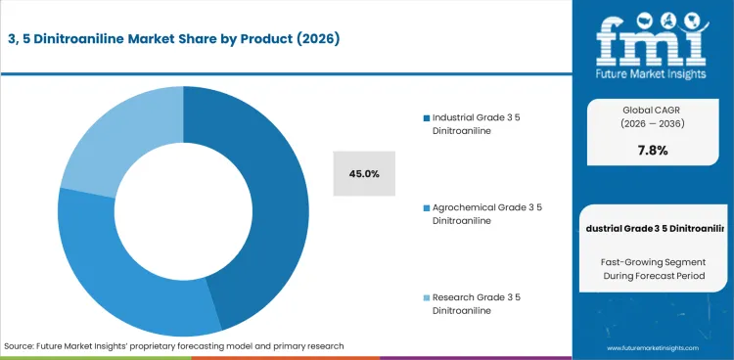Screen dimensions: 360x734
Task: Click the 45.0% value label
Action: click(x=364, y=173)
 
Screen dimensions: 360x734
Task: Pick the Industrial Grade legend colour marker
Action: click(x=414, y=118)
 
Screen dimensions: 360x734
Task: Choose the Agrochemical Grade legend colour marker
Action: click(x=414, y=208)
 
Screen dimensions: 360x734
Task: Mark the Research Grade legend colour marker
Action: click(x=414, y=297)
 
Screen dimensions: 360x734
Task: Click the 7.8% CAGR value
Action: click(x=652, y=150)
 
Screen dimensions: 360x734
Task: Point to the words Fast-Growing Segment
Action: click(x=652, y=262)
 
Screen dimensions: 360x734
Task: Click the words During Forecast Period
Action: click(x=652, y=279)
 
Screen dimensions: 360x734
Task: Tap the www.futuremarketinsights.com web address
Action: click(x=653, y=347)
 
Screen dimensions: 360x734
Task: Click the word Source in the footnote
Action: click(x=20, y=346)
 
